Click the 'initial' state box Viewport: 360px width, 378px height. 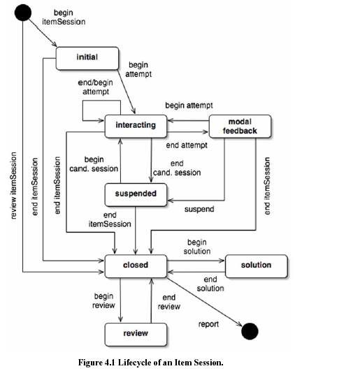pos(87,59)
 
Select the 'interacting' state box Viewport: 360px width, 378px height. pos(136,126)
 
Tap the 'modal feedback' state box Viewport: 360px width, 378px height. pos(240,126)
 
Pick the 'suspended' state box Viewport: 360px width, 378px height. pos(136,195)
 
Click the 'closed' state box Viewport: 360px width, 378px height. pos(136,266)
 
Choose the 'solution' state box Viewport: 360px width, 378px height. pos(257,266)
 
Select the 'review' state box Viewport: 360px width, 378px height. pos(136,335)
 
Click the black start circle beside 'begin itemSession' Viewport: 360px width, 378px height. pos(23,13)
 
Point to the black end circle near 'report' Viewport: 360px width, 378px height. pos(250,331)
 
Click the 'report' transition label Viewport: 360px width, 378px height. pos(208,324)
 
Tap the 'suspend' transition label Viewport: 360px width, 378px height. pos(199,209)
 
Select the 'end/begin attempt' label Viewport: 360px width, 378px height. pos(96,87)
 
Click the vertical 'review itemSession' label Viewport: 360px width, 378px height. pos(13,185)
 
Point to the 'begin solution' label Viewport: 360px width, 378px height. pos(197,247)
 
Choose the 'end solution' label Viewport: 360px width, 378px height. pos(210,284)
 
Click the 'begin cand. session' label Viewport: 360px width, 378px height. pos(94,164)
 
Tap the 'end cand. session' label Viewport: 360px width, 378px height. pos(177,168)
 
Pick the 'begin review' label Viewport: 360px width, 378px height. pos(103,300)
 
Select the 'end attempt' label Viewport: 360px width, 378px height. pos(187,145)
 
